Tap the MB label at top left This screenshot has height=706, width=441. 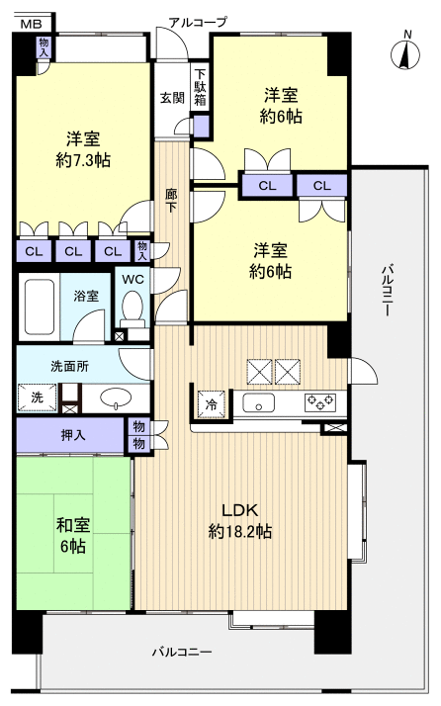coord(32,23)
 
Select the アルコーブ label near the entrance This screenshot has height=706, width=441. coord(198,21)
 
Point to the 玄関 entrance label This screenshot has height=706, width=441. coord(171,98)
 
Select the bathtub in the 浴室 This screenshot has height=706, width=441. coord(41,308)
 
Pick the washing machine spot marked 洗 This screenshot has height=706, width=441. coord(33,397)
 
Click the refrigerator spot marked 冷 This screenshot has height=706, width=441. coord(210,402)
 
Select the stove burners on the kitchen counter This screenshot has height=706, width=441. coord(321,401)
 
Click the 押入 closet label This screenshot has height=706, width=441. coord(72,435)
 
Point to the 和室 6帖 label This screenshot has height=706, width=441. coord(72,534)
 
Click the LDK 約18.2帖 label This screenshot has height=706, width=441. coord(240,521)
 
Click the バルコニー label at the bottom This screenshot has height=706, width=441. coord(182,653)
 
